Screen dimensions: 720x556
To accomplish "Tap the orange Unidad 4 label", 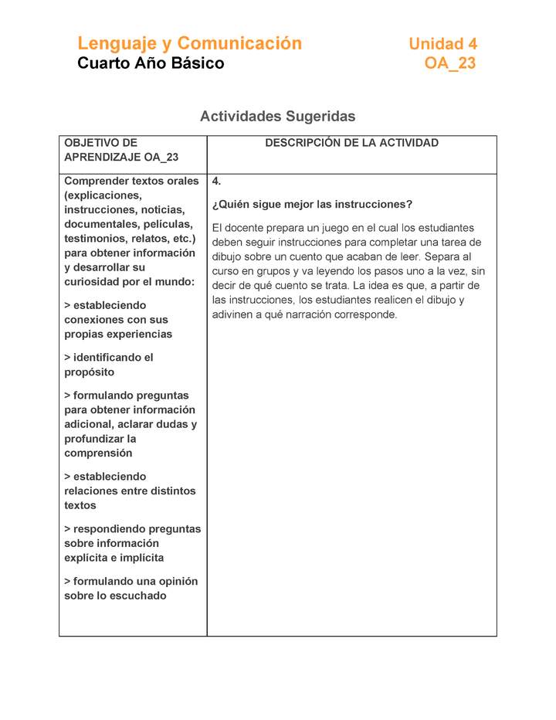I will [x=442, y=44].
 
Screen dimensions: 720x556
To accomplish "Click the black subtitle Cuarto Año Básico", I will [x=151, y=63].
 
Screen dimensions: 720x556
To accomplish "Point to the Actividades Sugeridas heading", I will [x=277, y=116].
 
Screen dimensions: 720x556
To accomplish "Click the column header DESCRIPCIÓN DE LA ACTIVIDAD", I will [x=351, y=143].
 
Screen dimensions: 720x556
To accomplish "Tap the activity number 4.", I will [x=217, y=182].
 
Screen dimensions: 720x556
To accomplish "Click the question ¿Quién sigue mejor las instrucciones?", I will [x=312, y=205].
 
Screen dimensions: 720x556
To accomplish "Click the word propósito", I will [x=89, y=372].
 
